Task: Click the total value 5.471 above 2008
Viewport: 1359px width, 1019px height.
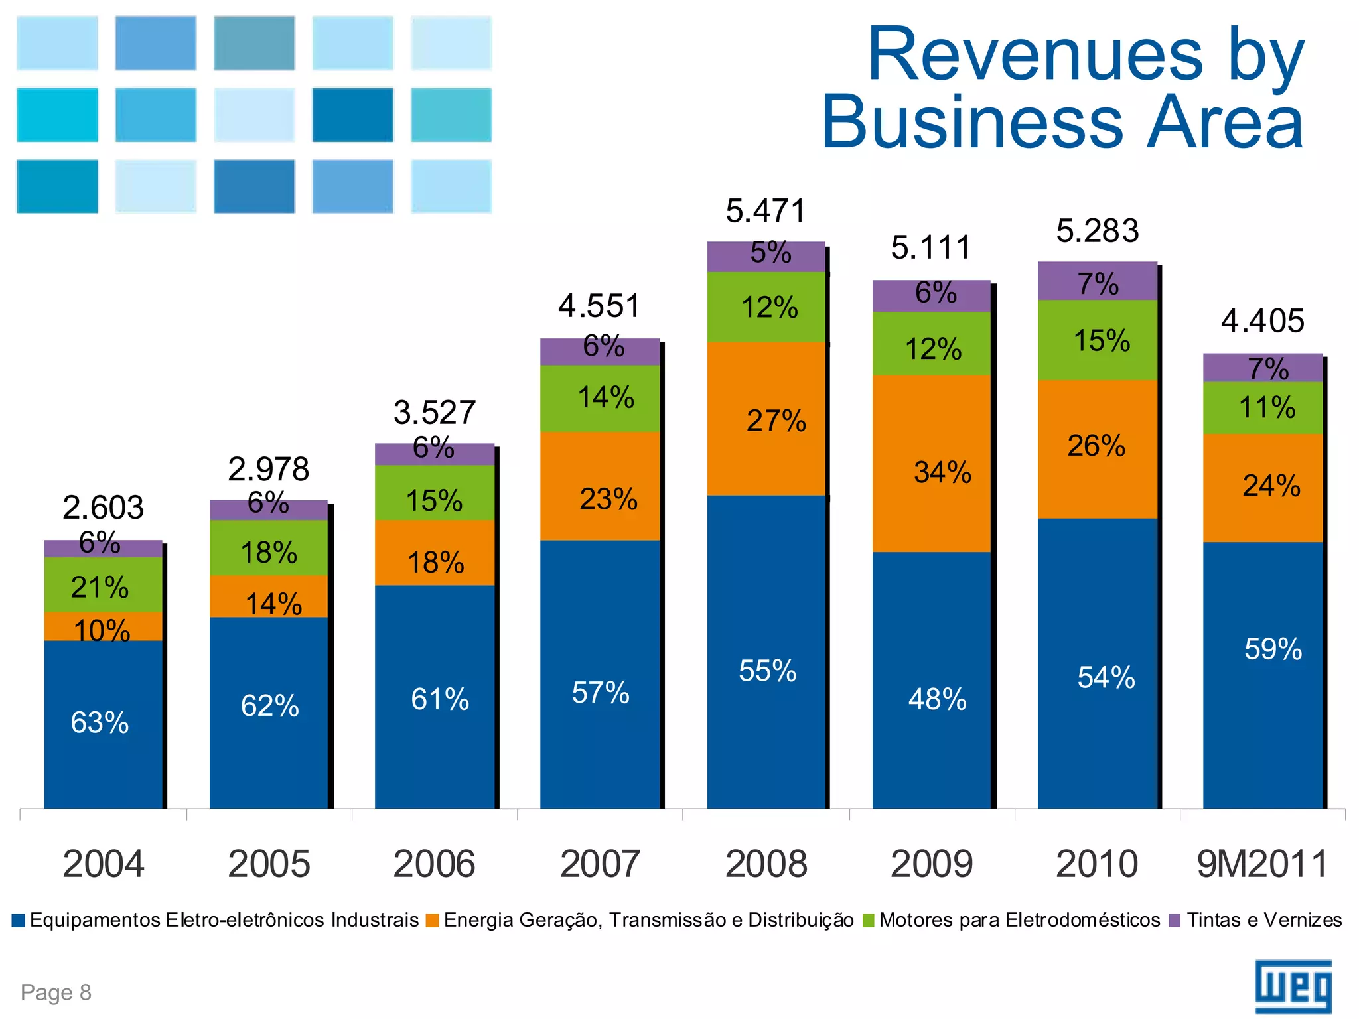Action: (x=765, y=211)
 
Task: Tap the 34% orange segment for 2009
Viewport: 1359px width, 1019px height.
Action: (x=932, y=464)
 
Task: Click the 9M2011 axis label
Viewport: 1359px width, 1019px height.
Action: (x=1263, y=864)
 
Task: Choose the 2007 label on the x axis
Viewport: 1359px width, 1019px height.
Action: (x=600, y=864)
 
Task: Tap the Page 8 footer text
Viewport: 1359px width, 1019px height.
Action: (x=56, y=992)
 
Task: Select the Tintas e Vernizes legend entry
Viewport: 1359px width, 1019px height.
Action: (x=1255, y=920)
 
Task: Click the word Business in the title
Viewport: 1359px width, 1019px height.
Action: (x=972, y=123)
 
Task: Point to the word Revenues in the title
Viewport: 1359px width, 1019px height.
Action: (x=1035, y=54)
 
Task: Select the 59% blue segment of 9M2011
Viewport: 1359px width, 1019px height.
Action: (x=1264, y=663)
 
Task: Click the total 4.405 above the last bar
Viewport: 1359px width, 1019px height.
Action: (x=1262, y=321)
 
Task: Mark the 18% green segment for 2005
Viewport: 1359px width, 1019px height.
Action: (x=269, y=549)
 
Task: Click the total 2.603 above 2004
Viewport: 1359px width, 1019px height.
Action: (x=103, y=508)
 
